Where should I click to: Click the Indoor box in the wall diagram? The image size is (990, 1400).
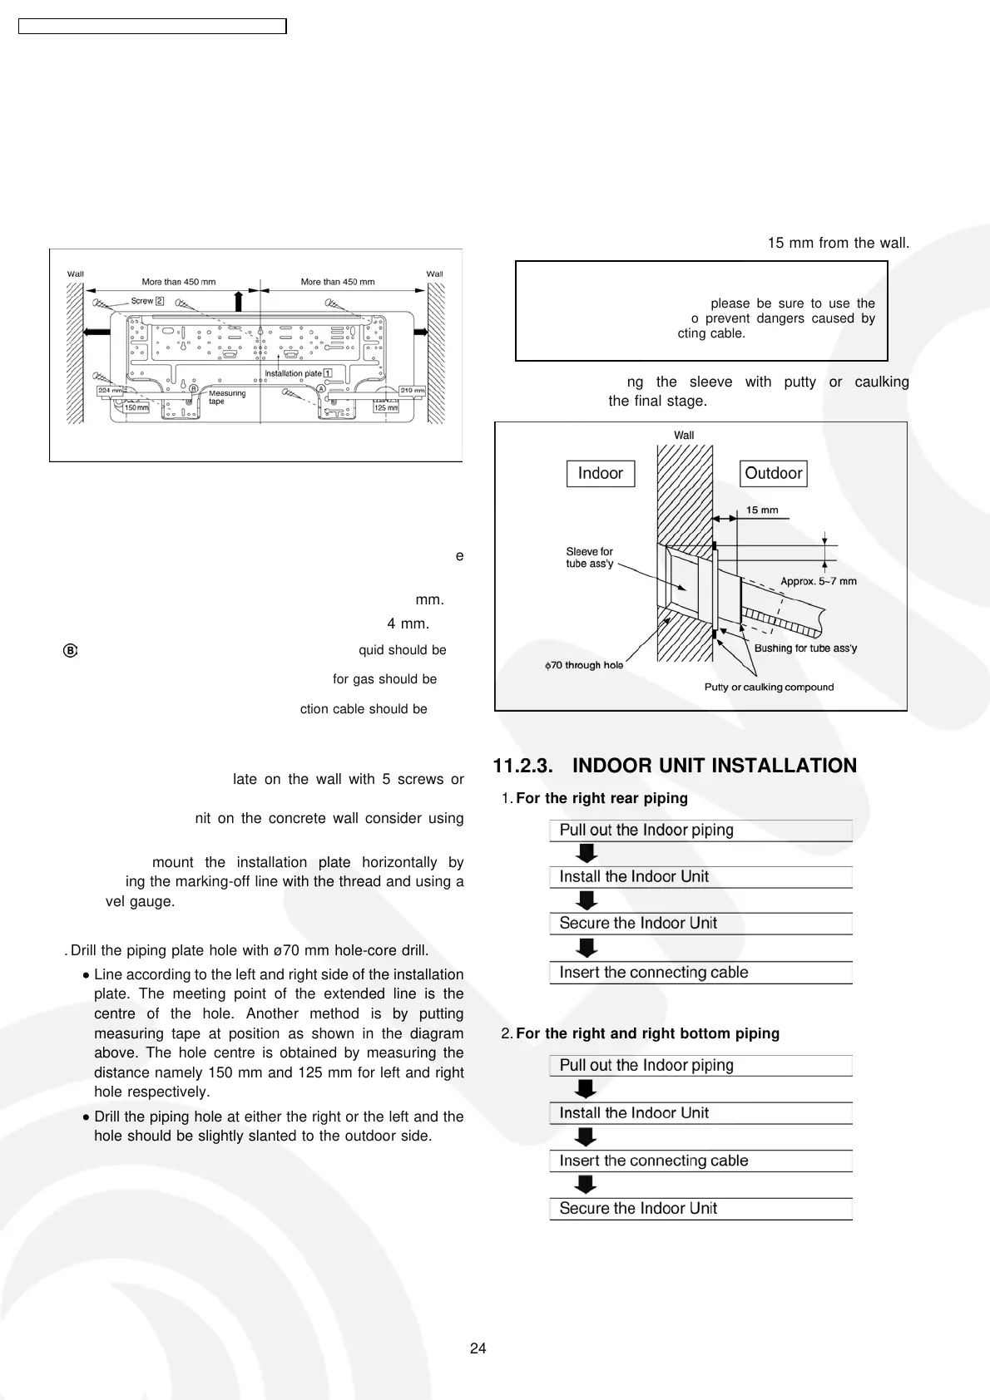[600, 474]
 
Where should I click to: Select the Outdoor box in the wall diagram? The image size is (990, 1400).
[773, 474]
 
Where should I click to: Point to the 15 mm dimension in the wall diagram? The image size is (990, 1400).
[762, 510]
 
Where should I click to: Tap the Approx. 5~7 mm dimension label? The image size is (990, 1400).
[818, 581]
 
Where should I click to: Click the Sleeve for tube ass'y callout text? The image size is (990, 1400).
[589, 558]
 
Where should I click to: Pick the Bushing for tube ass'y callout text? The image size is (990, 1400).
[805, 648]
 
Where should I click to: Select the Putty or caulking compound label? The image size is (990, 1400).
[769, 688]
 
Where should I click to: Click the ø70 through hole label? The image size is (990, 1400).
[584, 665]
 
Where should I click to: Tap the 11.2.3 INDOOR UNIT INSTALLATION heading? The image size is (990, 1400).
[675, 766]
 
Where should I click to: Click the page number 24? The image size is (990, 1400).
[478, 1348]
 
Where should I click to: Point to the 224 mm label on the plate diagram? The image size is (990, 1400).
[110, 390]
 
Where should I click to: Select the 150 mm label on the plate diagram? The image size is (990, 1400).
[136, 407]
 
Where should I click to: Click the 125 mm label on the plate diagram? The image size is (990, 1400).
[386, 407]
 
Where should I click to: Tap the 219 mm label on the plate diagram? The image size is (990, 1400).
[412, 390]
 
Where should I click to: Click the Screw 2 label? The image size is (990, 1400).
[147, 301]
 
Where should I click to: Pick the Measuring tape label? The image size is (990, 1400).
[226, 397]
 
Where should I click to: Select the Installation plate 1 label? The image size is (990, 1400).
[298, 373]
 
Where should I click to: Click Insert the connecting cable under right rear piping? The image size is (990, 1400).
[653, 973]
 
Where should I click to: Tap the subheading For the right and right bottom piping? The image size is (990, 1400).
[647, 1033]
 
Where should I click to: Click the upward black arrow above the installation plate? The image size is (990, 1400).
[239, 300]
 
